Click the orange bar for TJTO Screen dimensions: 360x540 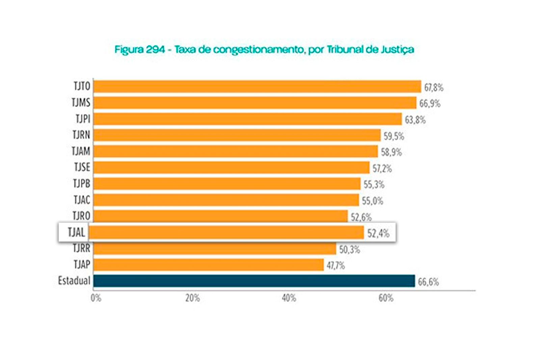[257, 86]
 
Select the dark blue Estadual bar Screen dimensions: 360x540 [254, 281]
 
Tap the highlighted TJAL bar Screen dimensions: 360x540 [226, 232]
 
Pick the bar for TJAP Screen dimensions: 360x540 [209, 265]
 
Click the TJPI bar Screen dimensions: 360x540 [248, 119]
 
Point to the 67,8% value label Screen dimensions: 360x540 [434, 88]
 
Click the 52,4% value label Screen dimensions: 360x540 [378, 233]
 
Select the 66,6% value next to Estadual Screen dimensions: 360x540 [428, 282]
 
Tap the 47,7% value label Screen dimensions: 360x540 [336, 266]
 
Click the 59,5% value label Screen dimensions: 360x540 [394, 136]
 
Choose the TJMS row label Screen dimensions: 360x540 [81, 102]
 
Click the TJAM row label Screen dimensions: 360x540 [81, 151]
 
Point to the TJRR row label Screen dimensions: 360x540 [82, 248]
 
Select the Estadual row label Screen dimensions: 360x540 [74, 281]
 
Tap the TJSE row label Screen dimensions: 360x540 [82, 167]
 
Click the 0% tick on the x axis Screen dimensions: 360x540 [96, 298]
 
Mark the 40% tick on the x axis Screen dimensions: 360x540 [289, 298]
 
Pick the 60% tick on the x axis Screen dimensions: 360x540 [386, 298]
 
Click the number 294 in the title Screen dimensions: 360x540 [155, 50]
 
